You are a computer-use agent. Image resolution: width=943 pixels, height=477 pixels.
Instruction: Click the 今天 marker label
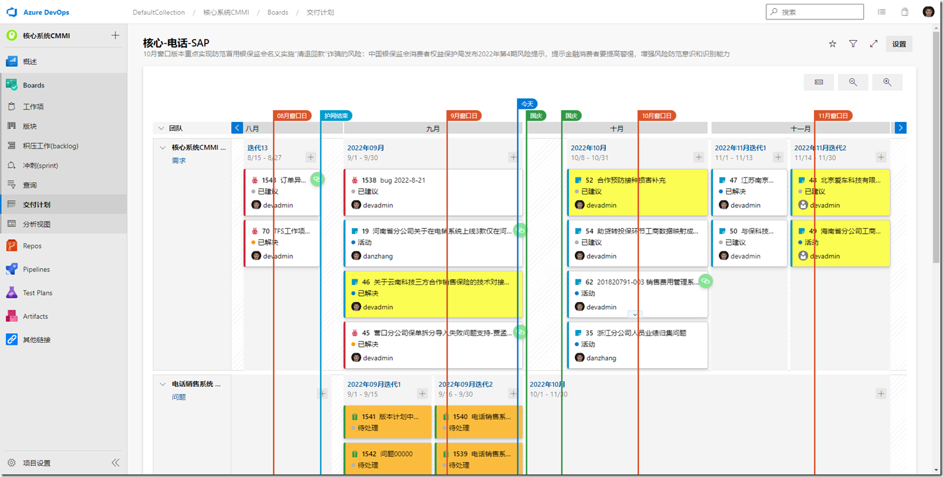click(x=527, y=104)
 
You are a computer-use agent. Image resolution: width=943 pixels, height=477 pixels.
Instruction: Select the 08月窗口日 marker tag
click(x=292, y=116)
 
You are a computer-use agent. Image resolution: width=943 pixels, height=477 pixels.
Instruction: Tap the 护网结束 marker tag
click(x=336, y=116)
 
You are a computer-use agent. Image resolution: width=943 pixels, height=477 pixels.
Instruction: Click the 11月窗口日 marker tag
click(x=833, y=116)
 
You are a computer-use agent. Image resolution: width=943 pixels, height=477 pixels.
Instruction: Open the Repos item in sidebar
click(x=32, y=246)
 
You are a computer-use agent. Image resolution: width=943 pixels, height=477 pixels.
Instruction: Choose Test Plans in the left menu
click(x=38, y=293)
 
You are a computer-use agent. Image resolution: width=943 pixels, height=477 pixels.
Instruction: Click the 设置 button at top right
click(x=899, y=44)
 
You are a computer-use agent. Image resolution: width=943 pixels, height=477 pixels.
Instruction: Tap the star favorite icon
click(x=833, y=44)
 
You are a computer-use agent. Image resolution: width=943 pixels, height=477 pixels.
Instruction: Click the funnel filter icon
click(x=853, y=44)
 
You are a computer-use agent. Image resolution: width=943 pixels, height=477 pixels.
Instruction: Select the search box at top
click(x=815, y=12)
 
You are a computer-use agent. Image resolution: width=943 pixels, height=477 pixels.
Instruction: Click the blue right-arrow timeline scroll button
click(x=900, y=128)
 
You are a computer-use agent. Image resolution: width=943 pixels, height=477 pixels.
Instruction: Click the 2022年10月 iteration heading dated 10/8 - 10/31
click(x=588, y=148)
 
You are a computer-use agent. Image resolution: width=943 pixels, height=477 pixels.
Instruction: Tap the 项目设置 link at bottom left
click(x=36, y=463)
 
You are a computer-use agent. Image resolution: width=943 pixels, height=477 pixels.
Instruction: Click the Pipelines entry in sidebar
click(x=36, y=270)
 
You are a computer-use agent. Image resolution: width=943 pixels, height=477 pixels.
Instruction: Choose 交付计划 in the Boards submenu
click(x=36, y=205)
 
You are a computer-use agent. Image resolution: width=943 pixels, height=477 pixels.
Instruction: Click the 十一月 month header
click(x=800, y=128)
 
